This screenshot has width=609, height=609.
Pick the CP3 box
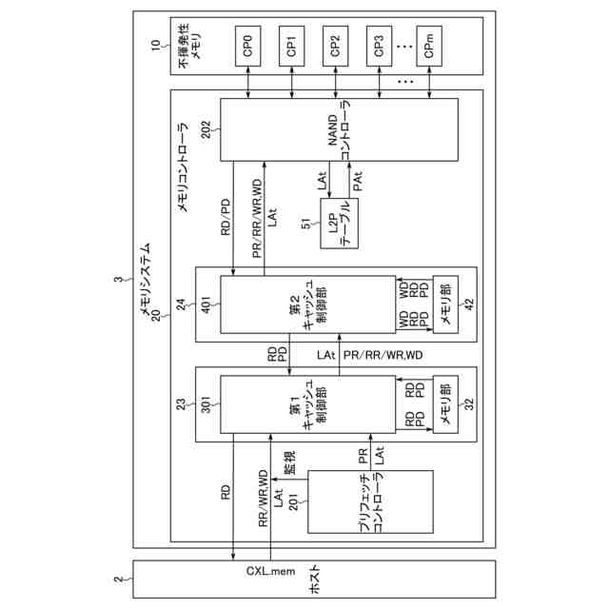pos(379,45)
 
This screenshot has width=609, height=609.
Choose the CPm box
pos(429,45)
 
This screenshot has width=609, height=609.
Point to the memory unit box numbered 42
pos(442,303)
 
